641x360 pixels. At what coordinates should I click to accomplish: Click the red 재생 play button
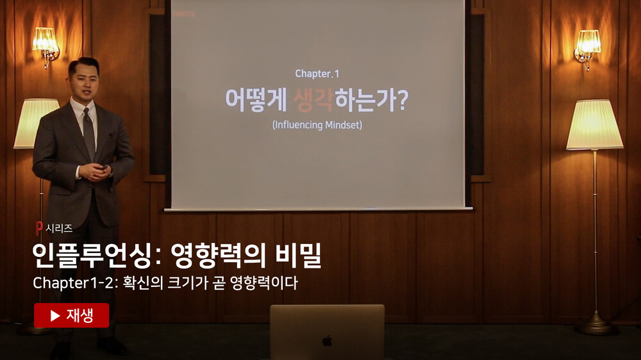point(72,315)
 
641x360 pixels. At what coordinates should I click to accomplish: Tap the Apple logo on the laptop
point(327,340)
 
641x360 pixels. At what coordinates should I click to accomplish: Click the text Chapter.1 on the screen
point(317,74)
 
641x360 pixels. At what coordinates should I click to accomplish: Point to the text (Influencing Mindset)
point(317,125)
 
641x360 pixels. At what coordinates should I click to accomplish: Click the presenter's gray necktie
point(88,133)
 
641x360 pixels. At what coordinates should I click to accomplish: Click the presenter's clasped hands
point(96,172)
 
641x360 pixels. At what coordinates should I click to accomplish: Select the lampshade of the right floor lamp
point(594,125)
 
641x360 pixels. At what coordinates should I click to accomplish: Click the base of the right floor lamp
point(596,327)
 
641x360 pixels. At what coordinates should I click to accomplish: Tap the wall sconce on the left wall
point(46,45)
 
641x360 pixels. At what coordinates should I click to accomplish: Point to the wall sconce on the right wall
point(587,48)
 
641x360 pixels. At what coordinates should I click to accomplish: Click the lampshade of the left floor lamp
point(35,123)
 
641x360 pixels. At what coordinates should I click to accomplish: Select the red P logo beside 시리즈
point(39,228)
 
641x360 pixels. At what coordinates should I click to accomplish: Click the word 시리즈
point(59,229)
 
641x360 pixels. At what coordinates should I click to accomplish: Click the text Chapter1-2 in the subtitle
point(74,282)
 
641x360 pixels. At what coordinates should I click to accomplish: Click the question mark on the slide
point(403,100)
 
